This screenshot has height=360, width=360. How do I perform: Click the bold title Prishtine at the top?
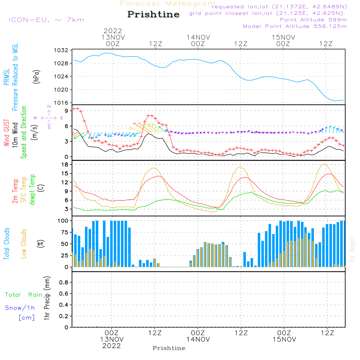pos(153,14)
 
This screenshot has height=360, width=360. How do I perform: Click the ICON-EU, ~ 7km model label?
pos(46,20)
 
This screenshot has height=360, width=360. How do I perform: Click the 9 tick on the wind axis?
pos(66,111)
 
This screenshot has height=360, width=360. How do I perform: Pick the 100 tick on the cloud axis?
pos(63,220)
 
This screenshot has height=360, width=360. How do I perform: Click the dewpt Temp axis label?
pos(32,189)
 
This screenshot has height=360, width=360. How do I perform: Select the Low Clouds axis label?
pos(24,244)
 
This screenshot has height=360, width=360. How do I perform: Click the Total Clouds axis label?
pos(6,244)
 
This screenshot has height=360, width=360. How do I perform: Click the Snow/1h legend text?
pos(20,308)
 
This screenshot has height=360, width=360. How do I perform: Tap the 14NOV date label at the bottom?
pos(198,339)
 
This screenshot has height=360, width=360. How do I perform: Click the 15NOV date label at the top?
pos(283,37)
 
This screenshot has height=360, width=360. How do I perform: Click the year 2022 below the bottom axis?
pos(112,346)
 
